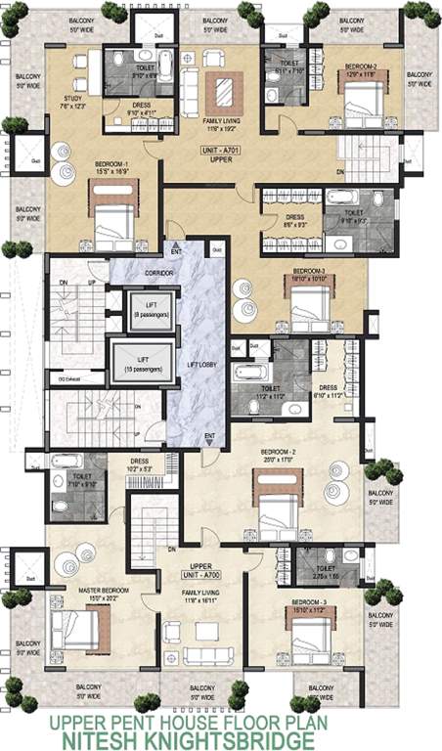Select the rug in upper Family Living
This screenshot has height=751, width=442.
pyautogui.click(x=229, y=91)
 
